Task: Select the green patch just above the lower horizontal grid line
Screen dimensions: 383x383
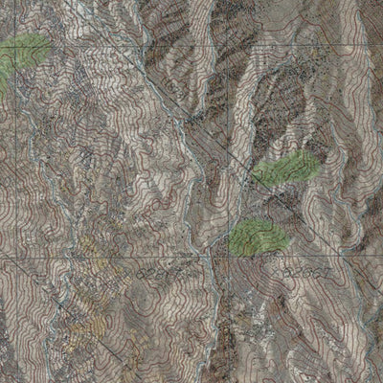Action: [x=254, y=234]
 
